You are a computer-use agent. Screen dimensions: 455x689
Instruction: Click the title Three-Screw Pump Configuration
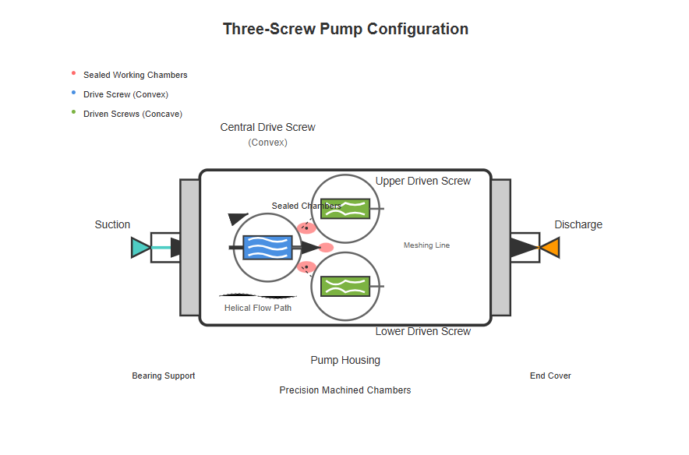pyautogui.click(x=345, y=30)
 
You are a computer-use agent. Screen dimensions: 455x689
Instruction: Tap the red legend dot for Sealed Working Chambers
pyautogui.click(x=73, y=73)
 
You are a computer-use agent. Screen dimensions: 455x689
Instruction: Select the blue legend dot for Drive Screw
pyautogui.click(x=73, y=93)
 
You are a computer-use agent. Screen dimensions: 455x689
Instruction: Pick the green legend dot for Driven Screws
pyautogui.click(x=73, y=111)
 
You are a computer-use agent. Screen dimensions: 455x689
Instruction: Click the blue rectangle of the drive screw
pyautogui.click(x=267, y=248)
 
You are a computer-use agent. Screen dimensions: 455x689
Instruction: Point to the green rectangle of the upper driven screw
pyautogui.click(x=345, y=209)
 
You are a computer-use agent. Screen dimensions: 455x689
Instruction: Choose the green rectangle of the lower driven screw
pyautogui.click(x=345, y=287)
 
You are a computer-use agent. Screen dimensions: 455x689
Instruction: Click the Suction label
pyautogui.click(x=112, y=224)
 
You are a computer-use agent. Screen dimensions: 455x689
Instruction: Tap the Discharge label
pyautogui.click(x=578, y=224)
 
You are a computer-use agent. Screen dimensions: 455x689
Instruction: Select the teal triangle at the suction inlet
pyautogui.click(x=140, y=248)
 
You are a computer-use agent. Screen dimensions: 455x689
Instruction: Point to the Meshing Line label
pyautogui.click(x=426, y=245)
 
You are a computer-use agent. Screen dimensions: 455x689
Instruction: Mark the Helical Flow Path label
pyautogui.click(x=258, y=308)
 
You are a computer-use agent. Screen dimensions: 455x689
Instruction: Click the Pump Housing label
pyautogui.click(x=345, y=360)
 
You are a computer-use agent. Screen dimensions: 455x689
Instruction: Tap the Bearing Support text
pyautogui.click(x=164, y=376)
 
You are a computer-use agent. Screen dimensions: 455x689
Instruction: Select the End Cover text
pyautogui.click(x=550, y=376)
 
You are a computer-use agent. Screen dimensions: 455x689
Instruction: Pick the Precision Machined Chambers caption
pyautogui.click(x=345, y=390)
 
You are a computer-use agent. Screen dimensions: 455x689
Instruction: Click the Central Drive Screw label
pyautogui.click(x=267, y=127)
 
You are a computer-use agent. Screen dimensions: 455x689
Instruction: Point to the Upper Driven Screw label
pyautogui.click(x=423, y=181)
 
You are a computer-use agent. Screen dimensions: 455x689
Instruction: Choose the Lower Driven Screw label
pyautogui.click(x=423, y=331)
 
